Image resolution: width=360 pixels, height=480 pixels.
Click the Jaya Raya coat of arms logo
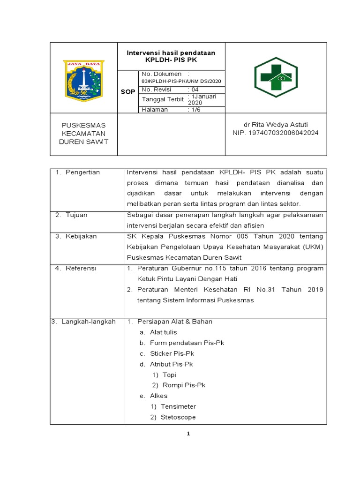point(83,77)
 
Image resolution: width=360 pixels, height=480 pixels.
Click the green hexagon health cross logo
point(272,77)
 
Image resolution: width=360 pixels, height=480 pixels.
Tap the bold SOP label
point(127,93)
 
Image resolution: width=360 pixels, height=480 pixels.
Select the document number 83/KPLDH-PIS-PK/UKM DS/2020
point(181,82)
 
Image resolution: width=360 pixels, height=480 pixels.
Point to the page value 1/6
point(193,110)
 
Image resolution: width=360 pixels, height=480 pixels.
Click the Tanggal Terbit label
point(163,99)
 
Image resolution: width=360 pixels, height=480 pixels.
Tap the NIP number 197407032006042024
point(276,133)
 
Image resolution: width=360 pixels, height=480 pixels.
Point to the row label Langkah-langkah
point(88,322)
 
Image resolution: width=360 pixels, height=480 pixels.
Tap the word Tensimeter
point(178,406)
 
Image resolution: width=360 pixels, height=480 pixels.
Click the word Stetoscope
point(178,417)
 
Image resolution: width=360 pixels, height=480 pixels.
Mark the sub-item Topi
point(169,375)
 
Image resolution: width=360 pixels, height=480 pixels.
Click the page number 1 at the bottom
point(188,434)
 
